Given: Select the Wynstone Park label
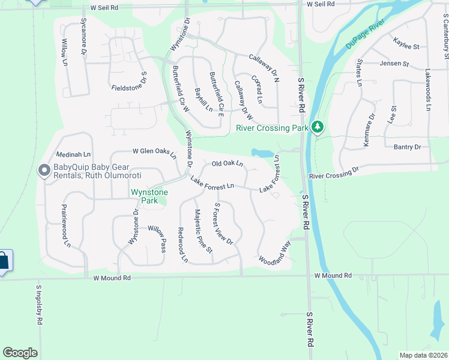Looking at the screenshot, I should [149, 196].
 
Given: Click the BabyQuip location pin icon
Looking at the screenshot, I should [44, 171].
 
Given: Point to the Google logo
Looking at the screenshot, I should [20, 353].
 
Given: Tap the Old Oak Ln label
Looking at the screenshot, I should [228, 163].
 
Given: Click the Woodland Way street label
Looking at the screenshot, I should [274, 253].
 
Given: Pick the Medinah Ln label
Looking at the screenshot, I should [73, 154].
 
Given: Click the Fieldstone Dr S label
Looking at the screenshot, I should [130, 82].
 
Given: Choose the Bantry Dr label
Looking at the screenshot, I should [407, 146].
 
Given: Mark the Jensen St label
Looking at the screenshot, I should [394, 63].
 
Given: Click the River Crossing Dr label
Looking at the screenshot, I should [334, 173].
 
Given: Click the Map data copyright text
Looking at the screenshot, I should [423, 355].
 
